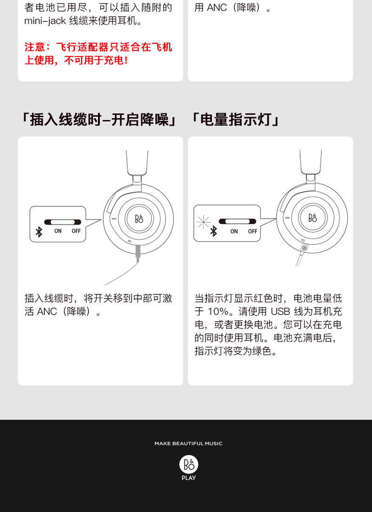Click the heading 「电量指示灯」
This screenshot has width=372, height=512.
point(234,120)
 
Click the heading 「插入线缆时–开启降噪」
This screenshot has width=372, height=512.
point(98,120)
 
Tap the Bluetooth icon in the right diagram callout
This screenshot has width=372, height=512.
point(214,231)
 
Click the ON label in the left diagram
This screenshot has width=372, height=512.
point(58,231)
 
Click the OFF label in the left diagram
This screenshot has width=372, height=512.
point(76,231)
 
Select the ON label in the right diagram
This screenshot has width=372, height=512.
point(234,231)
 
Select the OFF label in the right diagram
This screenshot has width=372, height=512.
point(252,231)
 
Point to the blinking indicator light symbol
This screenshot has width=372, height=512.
point(203,222)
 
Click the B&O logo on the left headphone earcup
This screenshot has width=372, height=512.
point(139,219)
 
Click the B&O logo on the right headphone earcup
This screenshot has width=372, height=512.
point(312,218)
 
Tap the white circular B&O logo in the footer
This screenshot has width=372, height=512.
point(189,465)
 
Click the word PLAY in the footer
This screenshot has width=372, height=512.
point(189,478)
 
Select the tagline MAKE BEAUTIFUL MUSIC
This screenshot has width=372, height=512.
point(189,443)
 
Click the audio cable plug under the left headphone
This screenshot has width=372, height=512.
point(139,253)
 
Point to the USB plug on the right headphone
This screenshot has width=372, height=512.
point(304,249)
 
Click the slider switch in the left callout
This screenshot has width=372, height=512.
point(62,222)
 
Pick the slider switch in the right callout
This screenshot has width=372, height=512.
point(237,222)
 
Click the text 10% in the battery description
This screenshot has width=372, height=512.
point(218,311)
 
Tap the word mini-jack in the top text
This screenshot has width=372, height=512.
point(45,21)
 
